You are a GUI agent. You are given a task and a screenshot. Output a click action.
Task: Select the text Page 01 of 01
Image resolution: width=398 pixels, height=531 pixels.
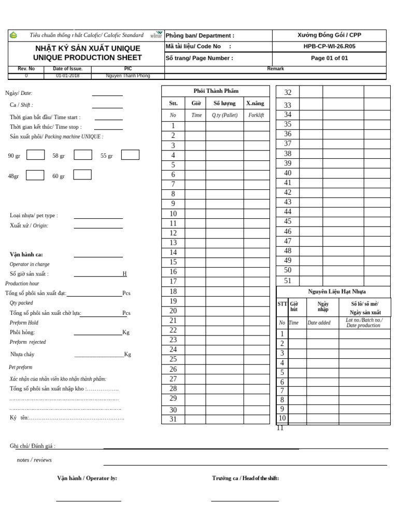click(x=330, y=58)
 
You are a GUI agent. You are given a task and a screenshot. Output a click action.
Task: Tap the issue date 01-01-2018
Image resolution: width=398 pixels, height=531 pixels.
click(x=65, y=76)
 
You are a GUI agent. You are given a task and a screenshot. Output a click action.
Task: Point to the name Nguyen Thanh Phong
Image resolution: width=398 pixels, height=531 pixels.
click(x=127, y=76)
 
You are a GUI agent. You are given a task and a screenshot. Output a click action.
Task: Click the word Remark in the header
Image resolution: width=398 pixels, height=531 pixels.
click(x=275, y=68)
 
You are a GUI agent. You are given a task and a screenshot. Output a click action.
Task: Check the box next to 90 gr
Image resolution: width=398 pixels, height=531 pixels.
click(x=35, y=155)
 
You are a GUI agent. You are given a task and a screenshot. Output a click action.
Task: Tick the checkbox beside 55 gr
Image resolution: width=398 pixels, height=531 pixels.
click(x=130, y=155)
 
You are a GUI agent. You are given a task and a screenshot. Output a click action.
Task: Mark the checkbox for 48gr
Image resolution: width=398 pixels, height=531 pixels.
click(x=35, y=175)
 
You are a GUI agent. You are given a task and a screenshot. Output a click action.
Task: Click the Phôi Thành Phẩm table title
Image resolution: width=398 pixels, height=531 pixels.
click(x=216, y=91)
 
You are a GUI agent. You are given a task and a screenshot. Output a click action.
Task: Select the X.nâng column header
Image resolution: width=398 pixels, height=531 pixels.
click(x=255, y=103)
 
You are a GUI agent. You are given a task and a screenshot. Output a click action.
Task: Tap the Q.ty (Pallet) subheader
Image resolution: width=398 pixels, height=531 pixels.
click(x=224, y=115)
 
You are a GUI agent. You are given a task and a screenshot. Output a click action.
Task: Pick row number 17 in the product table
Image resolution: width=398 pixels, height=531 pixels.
click(x=173, y=282)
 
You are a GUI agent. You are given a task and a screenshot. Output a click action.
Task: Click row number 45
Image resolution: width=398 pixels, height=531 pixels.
click(x=288, y=221)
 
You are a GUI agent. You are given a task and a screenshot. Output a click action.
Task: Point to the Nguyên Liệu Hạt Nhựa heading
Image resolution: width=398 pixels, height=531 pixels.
click(x=337, y=292)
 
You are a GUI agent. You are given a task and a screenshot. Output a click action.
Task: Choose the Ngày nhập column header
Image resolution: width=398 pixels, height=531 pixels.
click(x=323, y=306)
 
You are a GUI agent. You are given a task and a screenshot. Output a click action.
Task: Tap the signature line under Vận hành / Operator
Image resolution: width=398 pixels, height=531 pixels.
click(x=88, y=500)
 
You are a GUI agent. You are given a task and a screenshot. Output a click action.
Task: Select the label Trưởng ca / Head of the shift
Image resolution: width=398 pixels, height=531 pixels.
click(x=245, y=478)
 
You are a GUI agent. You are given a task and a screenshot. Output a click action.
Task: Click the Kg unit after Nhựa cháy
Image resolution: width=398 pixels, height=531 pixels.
click(x=127, y=355)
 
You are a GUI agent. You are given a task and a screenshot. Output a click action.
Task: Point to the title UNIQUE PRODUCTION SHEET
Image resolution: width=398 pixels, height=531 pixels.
click(x=87, y=58)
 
